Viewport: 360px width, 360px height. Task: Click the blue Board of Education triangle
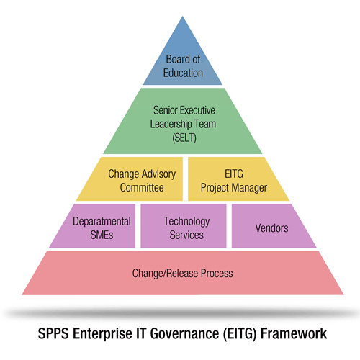(x=183, y=63)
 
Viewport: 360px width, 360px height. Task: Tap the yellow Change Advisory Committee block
(x=135, y=179)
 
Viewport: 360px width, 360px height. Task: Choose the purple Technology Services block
(x=184, y=226)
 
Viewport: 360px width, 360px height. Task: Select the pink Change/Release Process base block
(x=183, y=273)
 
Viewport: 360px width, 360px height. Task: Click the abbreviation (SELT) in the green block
(x=184, y=138)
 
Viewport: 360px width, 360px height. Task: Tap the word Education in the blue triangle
(x=183, y=73)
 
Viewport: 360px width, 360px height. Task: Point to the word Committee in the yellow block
(x=142, y=187)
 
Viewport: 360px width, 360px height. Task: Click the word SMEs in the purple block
(x=102, y=235)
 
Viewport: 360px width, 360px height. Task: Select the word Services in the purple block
(x=186, y=235)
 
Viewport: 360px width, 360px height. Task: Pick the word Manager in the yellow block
(x=249, y=188)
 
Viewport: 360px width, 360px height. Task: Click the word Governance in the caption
(x=184, y=333)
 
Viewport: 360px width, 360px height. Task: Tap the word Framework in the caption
(x=294, y=333)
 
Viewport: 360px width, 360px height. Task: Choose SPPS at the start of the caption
(x=53, y=333)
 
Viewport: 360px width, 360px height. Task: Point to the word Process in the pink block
(x=217, y=274)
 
